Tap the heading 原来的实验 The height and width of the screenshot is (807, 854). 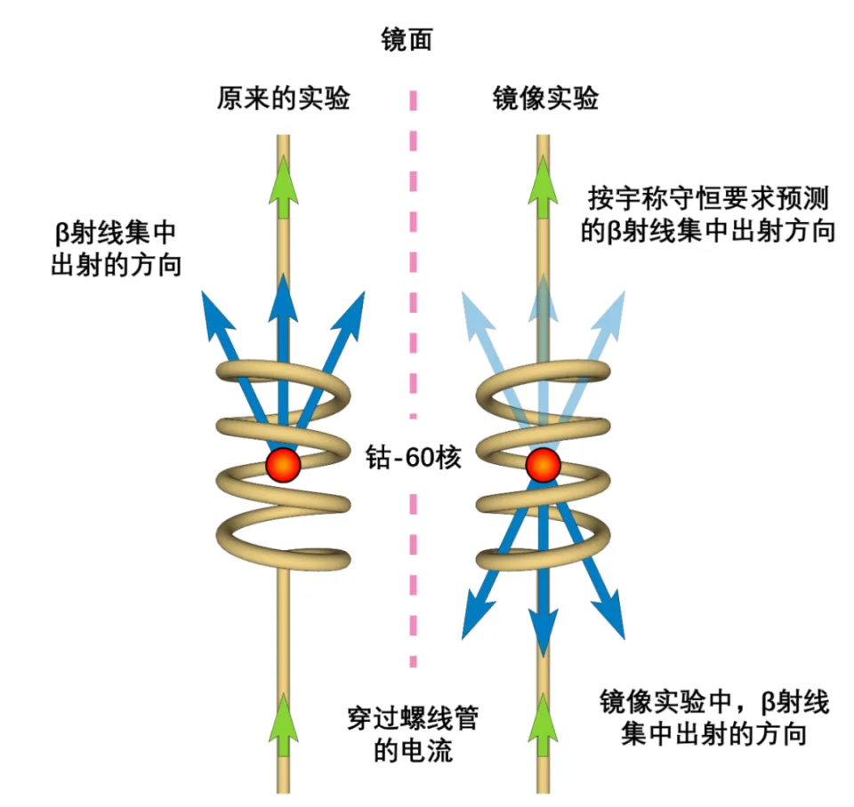pyautogui.click(x=283, y=98)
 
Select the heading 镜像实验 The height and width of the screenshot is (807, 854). pyautogui.click(x=545, y=98)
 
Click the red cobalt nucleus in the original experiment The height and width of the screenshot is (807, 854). pyautogui.click(x=283, y=464)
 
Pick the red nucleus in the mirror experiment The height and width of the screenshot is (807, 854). pyautogui.click(x=543, y=464)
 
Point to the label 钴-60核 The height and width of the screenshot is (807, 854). pyautogui.click(x=413, y=460)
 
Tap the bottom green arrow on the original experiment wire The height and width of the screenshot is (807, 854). pyautogui.click(x=283, y=724)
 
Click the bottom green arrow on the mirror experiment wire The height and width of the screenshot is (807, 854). pyautogui.click(x=543, y=724)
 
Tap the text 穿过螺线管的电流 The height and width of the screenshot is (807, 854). pyautogui.click(x=412, y=734)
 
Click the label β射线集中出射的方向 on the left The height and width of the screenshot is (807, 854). pyautogui.click(x=116, y=249)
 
